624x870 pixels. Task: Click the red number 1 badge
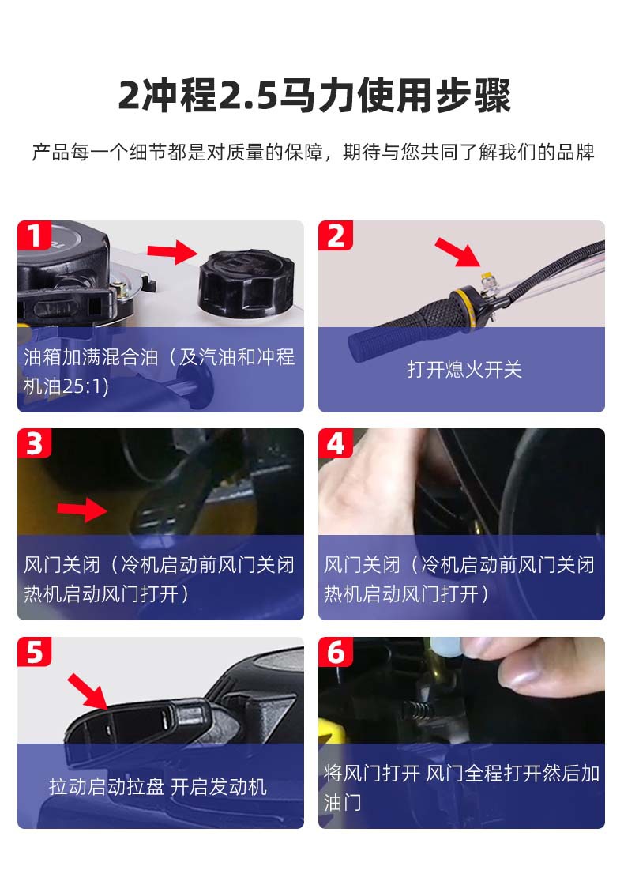[35, 235]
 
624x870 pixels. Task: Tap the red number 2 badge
[336, 235]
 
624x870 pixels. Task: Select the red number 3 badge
[35, 443]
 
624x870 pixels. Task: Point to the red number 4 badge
[336, 443]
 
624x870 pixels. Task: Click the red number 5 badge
[35, 651]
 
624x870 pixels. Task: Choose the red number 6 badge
[336, 651]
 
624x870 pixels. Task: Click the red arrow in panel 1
[172, 252]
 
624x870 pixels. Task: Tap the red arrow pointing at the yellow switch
[457, 252]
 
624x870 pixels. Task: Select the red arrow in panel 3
[82, 510]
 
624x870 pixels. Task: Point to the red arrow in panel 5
[88, 691]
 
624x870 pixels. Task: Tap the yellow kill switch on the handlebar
[486, 276]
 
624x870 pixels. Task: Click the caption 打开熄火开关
[464, 370]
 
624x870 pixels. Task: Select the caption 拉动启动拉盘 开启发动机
[158, 786]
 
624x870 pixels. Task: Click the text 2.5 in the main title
[248, 96]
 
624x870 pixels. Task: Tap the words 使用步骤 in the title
[434, 96]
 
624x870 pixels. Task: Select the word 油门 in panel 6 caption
[342, 802]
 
